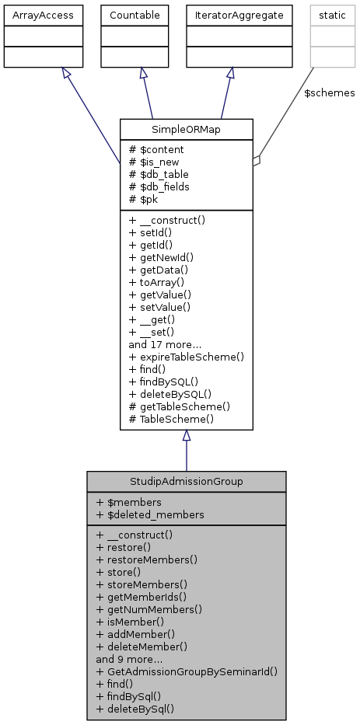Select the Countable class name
[135, 15]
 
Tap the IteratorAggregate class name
[229, 15]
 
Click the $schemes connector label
[329, 93]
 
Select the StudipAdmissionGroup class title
[186, 481]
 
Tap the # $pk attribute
[145, 199]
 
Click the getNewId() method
[161, 257]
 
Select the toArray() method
[156, 282]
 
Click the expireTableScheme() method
[187, 357]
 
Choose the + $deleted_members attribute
[150, 514]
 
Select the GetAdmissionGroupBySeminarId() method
[187, 671]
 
